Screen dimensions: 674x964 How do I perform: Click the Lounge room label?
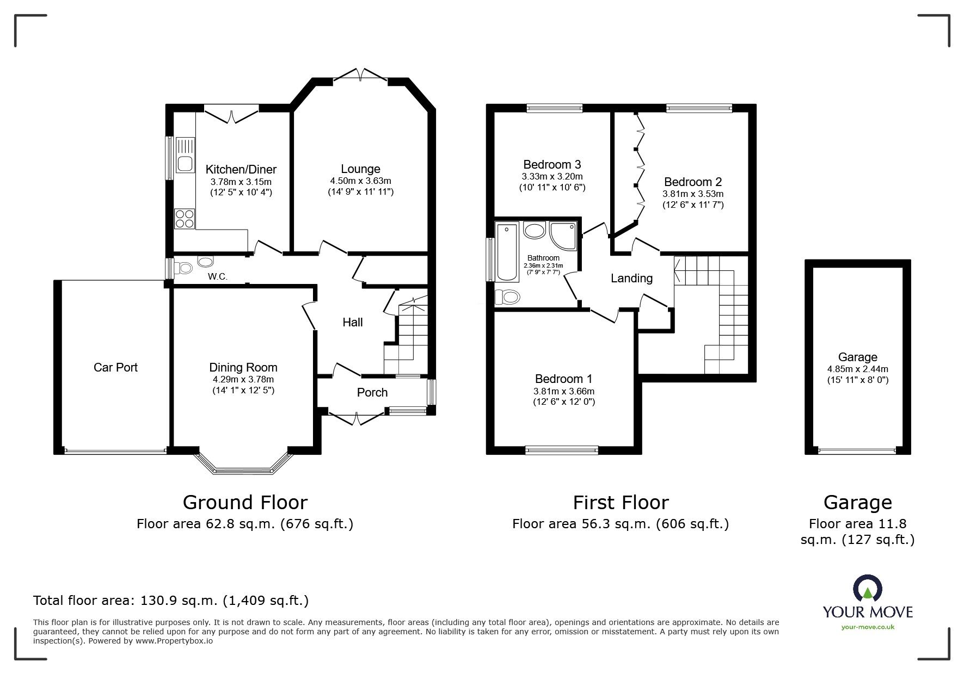click(360, 169)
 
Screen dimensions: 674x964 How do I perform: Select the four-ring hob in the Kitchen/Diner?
click(185, 218)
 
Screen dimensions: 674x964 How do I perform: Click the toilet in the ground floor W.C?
click(185, 268)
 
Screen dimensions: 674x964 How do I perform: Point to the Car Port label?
click(115, 367)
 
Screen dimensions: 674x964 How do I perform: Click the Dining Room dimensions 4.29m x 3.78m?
click(243, 380)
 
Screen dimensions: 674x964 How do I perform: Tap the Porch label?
click(372, 392)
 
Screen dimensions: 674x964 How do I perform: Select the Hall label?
click(352, 323)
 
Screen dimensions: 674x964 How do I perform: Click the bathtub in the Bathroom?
click(506, 252)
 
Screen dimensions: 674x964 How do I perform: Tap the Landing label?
click(631, 279)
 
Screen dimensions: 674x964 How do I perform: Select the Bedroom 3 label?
click(552, 164)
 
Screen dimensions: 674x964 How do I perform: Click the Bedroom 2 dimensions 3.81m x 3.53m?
click(692, 194)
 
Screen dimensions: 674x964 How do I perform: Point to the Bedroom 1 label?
click(563, 379)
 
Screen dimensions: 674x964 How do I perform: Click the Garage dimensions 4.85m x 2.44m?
click(857, 369)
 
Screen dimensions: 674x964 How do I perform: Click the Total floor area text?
click(171, 601)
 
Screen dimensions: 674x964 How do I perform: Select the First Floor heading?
click(621, 502)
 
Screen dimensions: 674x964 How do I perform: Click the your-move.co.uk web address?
click(868, 627)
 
